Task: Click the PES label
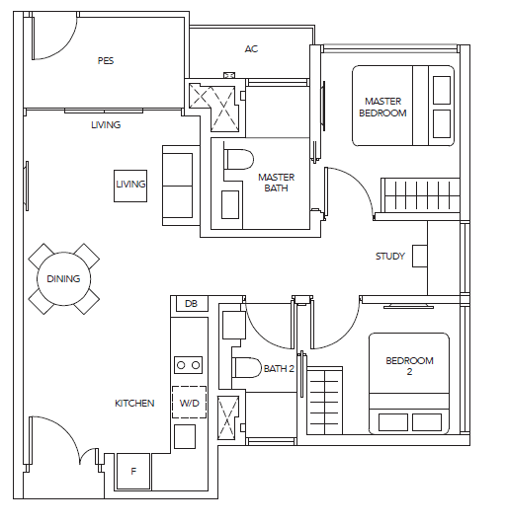click(x=106, y=60)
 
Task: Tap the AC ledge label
click(x=251, y=49)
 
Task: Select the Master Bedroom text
click(x=382, y=108)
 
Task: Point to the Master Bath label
click(x=276, y=183)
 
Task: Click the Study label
click(x=390, y=257)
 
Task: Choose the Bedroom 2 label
click(x=409, y=366)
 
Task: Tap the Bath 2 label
click(x=279, y=369)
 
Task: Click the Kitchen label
click(x=134, y=403)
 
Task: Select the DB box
click(x=191, y=304)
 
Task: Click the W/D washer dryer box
click(x=189, y=403)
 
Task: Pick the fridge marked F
click(x=133, y=471)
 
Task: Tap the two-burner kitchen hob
click(x=189, y=365)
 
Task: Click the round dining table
click(x=63, y=279)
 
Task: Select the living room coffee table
click(x=130, y=186)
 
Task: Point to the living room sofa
click(x=182, y=186)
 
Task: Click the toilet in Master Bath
click(x=238, y=160)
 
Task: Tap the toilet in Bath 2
click(x=246, y=368)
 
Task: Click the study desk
click(x=419, y=256)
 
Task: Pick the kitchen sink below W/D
click(x=185, y=436)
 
